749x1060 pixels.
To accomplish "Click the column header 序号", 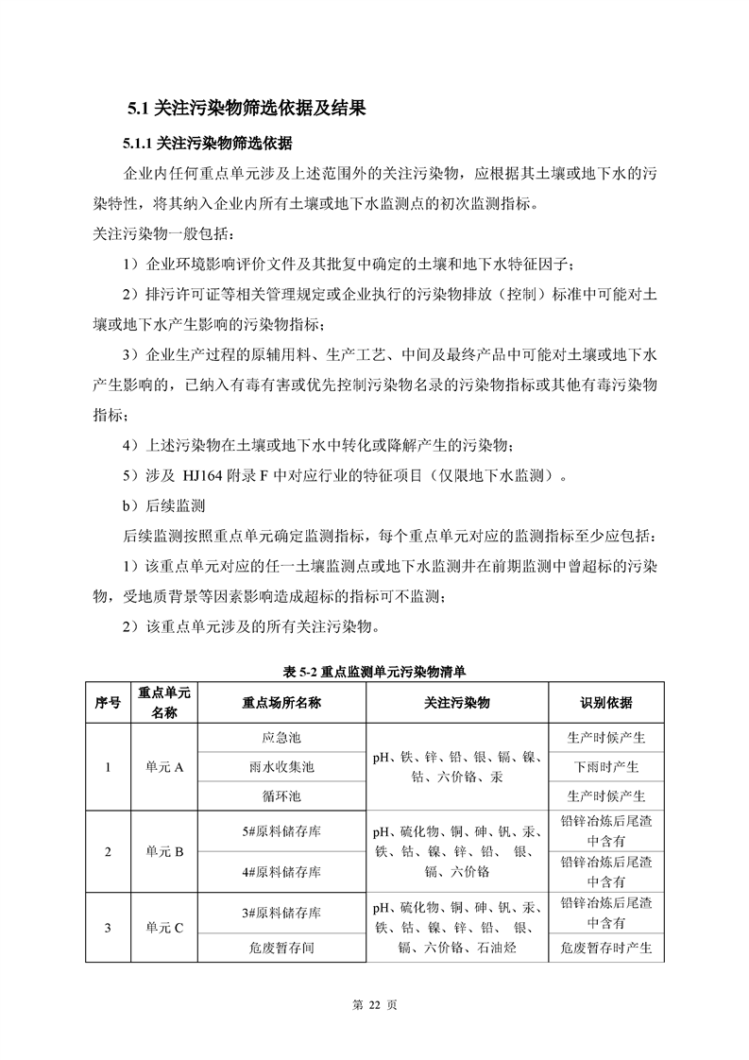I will pos(108,703).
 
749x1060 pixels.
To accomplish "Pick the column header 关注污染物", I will pos(457,703).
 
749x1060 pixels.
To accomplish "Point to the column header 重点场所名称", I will pos(281,703).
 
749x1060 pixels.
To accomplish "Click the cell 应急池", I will pos(281,738).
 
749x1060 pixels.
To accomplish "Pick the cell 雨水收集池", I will pos(281,767).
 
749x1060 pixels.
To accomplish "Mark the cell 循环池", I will pos(281,796).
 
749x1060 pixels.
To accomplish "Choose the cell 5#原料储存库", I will pos(281,831).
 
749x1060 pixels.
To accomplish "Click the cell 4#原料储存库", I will pos(281,871).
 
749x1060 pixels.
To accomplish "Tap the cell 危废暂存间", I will pos(281,948).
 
